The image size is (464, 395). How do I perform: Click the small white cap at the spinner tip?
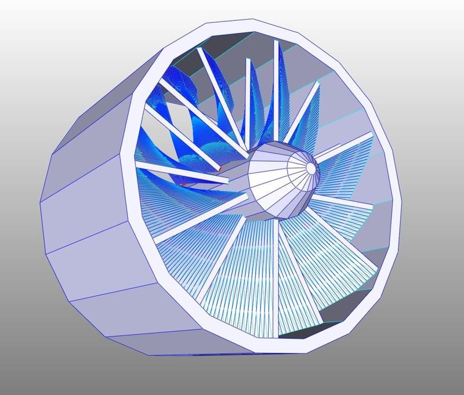311,168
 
